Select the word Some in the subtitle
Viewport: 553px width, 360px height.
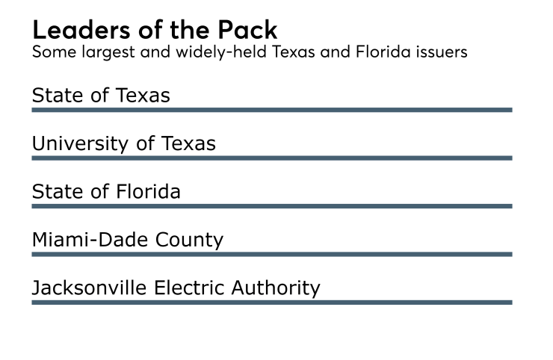tap(51, 53)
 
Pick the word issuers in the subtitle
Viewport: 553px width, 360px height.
tap(441, 53)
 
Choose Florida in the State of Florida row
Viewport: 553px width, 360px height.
tap(149, 192)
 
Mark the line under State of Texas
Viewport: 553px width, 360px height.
tap(271, 110)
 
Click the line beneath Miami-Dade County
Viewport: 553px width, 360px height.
tap(271, 254)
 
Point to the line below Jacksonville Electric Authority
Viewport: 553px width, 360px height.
tap(271, 302)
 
